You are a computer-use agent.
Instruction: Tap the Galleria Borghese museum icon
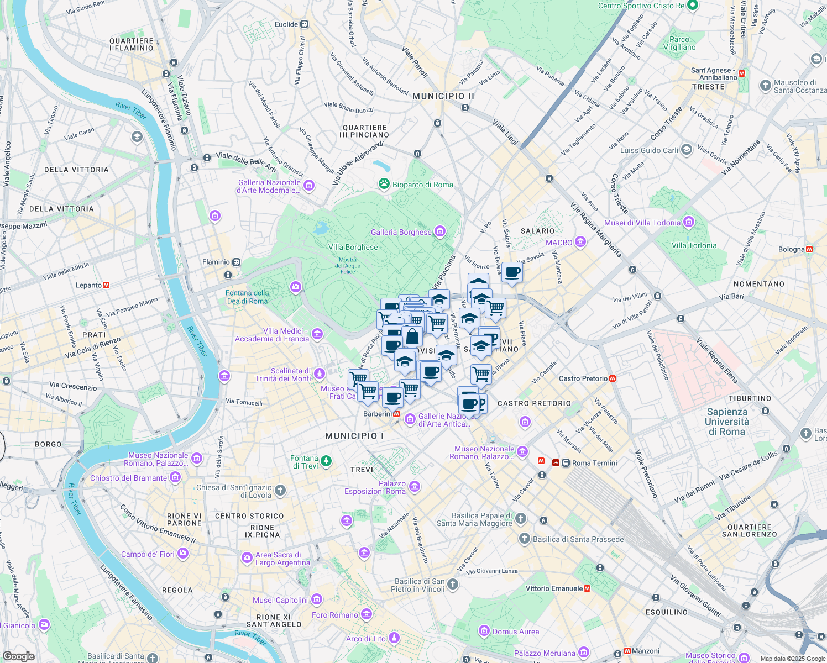click(x=440, y=231)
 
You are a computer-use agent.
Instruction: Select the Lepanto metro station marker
click(x=106, y=285)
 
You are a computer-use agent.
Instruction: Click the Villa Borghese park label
click(x=353, y=247)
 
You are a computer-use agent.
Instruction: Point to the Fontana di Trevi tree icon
click(x=326, y=461)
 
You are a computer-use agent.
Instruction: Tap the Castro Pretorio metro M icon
click(x=613, y=378)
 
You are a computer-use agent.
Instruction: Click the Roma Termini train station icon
click(x=566, y=463)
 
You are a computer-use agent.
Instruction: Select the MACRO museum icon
click(x=580, y=242)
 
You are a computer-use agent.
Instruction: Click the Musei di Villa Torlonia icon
click(x=688, y=223)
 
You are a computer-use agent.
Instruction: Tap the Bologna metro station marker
click(x=809, y=249)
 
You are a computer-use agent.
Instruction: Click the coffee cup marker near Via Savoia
click(x=512, y=272)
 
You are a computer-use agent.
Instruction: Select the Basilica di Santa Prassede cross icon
click(x=525, y=539)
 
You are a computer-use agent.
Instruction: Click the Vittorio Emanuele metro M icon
click(x=587, y=588)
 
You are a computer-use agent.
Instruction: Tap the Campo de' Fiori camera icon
click(x=182, y=554)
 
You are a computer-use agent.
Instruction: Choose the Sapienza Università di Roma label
click(x=727, y=422)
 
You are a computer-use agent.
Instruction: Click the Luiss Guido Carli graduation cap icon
click(x=686, y=150)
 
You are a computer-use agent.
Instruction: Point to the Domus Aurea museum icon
click(x=484, y=631)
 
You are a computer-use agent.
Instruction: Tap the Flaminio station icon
click(x=236, y=262)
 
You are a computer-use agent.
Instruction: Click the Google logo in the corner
click(x=18, y=656)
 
